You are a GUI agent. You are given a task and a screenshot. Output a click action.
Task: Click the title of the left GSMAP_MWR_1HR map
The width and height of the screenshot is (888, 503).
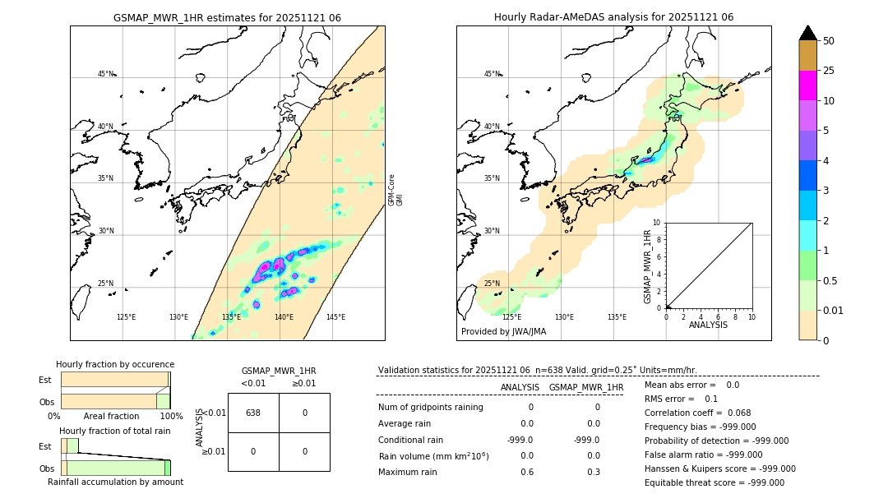click(227, 17)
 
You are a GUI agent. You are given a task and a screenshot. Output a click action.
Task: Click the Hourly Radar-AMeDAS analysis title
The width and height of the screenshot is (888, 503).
click(613, 17)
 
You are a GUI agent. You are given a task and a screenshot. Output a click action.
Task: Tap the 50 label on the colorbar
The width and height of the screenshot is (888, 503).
click(829, 41)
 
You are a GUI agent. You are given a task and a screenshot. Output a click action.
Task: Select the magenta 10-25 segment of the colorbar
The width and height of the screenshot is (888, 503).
click(807, 85)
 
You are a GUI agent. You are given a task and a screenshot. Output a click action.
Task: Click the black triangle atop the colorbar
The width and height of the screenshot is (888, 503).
click(807, 33)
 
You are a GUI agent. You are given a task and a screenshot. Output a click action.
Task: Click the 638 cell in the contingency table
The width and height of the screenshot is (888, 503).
click(253, 413)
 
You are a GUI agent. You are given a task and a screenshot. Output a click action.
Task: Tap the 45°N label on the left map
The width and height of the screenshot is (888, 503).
click(105, 74)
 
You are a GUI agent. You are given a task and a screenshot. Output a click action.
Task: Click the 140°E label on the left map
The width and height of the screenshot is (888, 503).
click(284, 317)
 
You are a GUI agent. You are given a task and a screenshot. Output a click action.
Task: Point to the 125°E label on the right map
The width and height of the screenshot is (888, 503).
click(511, 317)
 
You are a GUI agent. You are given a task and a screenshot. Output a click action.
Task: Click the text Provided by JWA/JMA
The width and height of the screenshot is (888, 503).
click(503, 331)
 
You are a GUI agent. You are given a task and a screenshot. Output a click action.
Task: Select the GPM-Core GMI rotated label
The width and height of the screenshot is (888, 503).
click(395, 190)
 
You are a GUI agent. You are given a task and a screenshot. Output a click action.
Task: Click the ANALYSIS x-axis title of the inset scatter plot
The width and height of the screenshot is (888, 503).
click(709, 325)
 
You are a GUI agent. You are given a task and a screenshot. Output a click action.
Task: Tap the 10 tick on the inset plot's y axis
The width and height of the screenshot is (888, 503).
click(657, 223)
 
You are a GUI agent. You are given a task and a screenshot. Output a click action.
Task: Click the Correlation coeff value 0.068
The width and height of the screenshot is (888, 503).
click(739, 413)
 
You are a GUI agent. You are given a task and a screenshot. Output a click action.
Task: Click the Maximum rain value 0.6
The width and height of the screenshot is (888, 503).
click(527, 472)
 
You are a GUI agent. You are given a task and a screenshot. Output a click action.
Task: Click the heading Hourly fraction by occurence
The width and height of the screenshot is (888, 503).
click(115, 364)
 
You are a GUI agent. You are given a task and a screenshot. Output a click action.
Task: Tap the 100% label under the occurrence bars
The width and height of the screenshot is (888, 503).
click(171, 417)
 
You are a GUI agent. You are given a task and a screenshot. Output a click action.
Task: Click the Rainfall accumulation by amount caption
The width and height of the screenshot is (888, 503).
click(115, 482)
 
